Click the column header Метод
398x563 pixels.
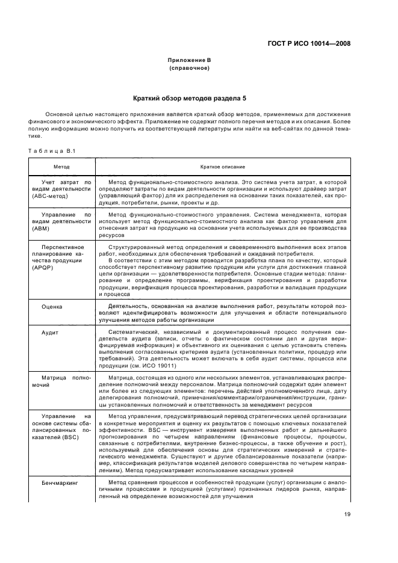(61, 166)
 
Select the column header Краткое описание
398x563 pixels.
(222, 166)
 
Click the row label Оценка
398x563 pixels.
(52, 306)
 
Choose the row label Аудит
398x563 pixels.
(49, 333)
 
